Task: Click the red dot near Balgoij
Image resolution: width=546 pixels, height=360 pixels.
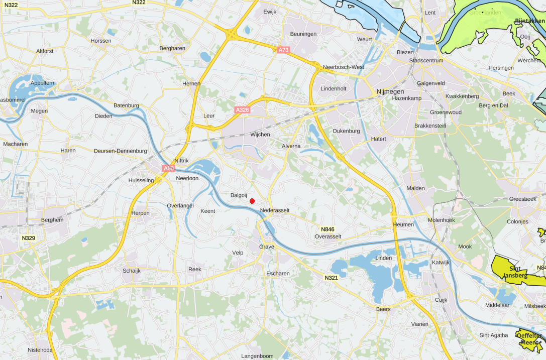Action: [252, 201]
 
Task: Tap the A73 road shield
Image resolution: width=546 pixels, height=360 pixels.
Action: [284, 50]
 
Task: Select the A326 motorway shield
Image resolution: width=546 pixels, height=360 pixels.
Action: [242, 109]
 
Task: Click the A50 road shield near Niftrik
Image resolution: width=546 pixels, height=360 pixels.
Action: [168, 169]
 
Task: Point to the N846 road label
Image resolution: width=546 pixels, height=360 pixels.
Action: [328, 229]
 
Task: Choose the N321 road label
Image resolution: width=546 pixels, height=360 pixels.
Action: [331, 278]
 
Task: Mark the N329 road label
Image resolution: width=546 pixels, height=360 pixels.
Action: [29, 238]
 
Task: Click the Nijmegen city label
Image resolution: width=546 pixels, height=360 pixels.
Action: [390, 92]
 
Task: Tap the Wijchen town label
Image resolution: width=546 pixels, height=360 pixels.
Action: [260, 135]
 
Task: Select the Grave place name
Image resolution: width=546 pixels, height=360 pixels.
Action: [267, 247]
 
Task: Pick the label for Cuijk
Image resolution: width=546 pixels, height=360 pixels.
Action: [441, 300]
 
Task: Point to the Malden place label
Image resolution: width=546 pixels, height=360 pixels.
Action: [416, 188]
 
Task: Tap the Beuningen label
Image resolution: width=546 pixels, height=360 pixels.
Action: [303, 34]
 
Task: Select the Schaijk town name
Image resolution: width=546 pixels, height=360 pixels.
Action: [132, 270]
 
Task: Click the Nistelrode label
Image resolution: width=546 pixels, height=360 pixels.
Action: [40, 350]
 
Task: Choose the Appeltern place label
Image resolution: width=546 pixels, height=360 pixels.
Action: [42, 83]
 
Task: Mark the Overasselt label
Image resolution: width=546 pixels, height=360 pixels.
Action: [328, 236]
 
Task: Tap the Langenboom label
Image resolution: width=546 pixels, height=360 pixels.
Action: [258, 356]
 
